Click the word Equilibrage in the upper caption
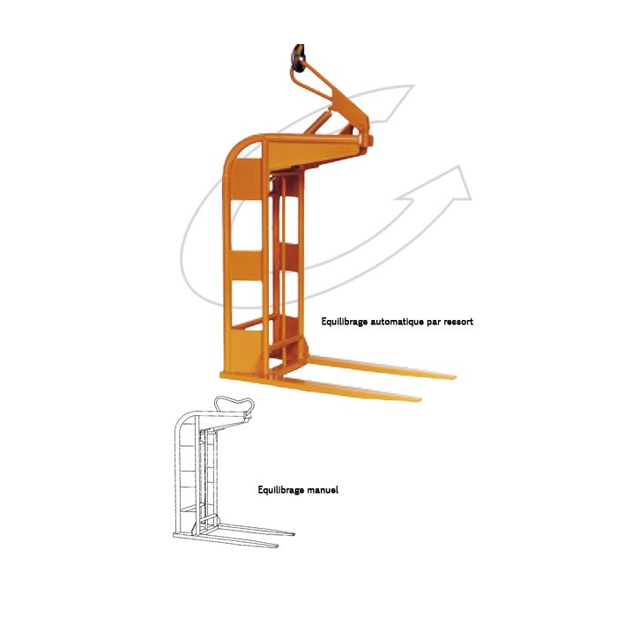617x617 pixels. pyautogui.click(x=345, y=322)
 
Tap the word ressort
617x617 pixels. pyautogui.click(x=458, y=323)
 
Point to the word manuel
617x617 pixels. pyautogui.click(x=323, y=490)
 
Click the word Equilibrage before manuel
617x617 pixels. pyautogui.click(x=281, y=490)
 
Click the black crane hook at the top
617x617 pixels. pyautogui.click(x=298, y=58)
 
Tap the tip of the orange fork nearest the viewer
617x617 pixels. pyautogui.click(x=420, y=400)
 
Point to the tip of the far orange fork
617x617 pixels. pyautogui.click(x=454, y=377)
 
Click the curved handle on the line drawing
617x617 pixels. pyautogui.click(x=234, y=399)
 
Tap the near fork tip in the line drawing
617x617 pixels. pyautogui.click(x=277, y=546)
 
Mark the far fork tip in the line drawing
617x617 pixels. pyautogui.click(x=294, y=534)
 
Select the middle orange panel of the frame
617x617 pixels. pyautogui.click(x=246, y=265)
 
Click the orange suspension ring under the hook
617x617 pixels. pyautogui.click(x=311, y=84)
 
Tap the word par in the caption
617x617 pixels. pyautogui.click(x=435, y=323)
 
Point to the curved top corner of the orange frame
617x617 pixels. pyautogui.click(x=235, y=148)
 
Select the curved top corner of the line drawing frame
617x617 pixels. pyautogui.click(x=181, y=420)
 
